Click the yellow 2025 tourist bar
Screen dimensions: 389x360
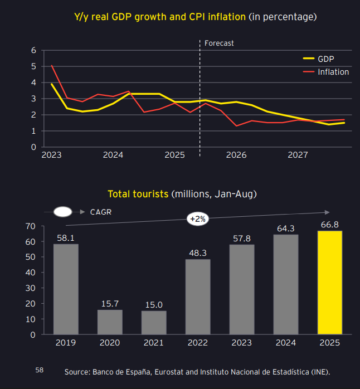pyautogui.click(x=330, y=283)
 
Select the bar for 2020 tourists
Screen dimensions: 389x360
pyautogui.click(x=110, y=322)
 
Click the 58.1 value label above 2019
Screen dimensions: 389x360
pyautogui.click(x=66, y=237)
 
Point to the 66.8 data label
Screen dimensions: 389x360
pyautogui.click(x=330, y=225)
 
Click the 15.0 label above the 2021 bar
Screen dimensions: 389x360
pyautogui.click(x=154, y=304)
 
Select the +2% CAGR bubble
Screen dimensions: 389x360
pyautogui.click(x=198, y=219)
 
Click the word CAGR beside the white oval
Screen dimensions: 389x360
pyautogui.click(x=100, y=212)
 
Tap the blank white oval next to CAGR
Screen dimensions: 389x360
pyautogui.click(x=64, y=212)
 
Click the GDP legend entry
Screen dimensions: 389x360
pyautogui.click(x=326, y=59)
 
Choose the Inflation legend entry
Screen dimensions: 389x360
pyautogui.click(x=333, y=72)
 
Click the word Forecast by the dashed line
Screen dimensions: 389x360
pyautogui.click(x=219, y=43)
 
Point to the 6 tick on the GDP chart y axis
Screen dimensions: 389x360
pyautogui.click(x=33, y=50)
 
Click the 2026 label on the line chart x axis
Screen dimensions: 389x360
pyautogui.click(x=236, y=155)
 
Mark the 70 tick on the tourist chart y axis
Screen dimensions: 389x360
pyautogui.click(x=30, y=226)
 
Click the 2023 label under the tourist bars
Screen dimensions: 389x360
pyautogui.click(x=242, y=343)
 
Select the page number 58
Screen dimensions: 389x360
pyautogui.click(x=39, y=369)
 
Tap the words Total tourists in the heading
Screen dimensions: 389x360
pyautogui.click(x=138, y=194)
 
